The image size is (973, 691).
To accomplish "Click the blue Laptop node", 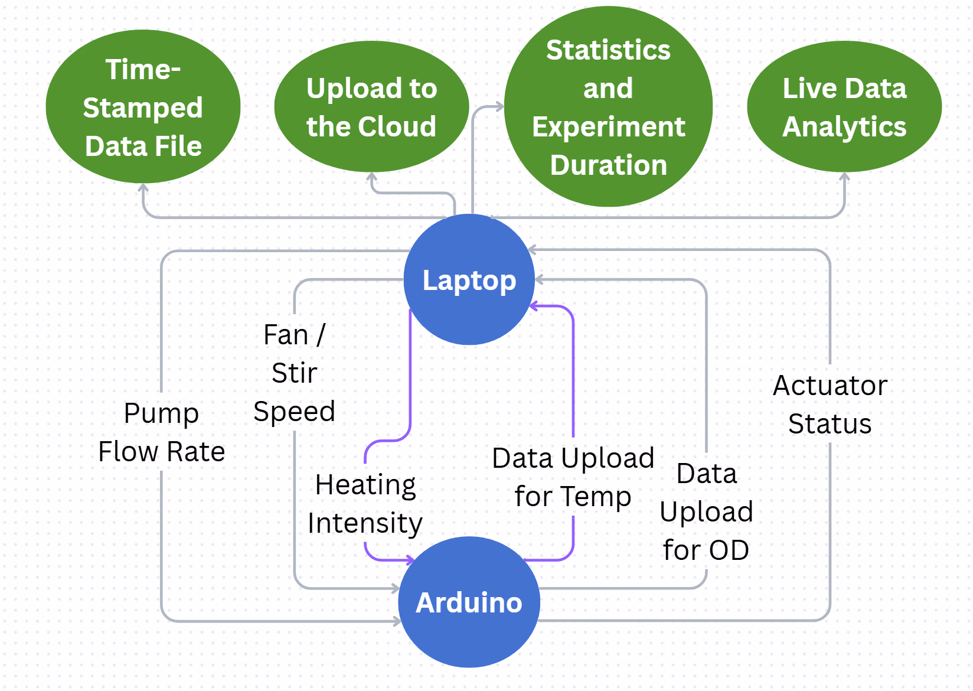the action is point(469,279).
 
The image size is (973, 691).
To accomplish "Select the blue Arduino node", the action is point(469,602).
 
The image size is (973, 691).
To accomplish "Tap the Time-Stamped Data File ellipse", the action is point(143,106).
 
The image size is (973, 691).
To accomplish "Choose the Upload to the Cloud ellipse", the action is point(371,106).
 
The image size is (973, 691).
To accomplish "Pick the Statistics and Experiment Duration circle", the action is point(608,106).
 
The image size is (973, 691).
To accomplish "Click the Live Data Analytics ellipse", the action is point(844,106).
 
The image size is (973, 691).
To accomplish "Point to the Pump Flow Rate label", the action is point(162,432).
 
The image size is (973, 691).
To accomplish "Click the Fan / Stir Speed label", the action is point(294,373).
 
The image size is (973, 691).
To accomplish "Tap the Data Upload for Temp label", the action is point(573,477).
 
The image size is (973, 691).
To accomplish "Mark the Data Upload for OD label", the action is point(706,511).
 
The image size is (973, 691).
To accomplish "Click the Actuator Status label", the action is point(830,404).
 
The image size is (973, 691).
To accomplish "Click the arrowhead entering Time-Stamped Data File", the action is point(143,187).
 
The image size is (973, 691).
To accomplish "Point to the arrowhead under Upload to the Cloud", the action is point(371,177).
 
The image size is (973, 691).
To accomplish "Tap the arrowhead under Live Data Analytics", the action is point(844,177).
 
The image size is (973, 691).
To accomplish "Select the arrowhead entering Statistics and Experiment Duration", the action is point(499,106).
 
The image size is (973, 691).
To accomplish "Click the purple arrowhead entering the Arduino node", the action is point(410,560).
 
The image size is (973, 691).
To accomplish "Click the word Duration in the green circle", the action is point(609,165).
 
